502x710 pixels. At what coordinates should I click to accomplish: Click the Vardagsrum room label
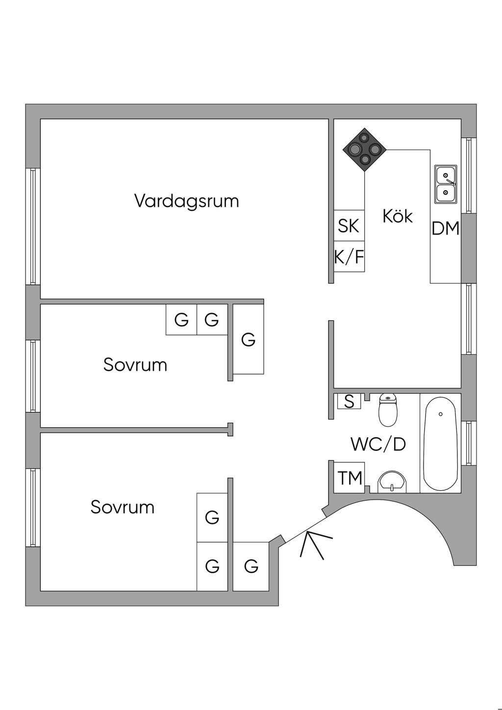pyautogui.click(x=186, y=201)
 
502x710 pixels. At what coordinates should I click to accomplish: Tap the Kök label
pyautogui.click(x=398, y=216)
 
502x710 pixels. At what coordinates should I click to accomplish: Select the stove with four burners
pyautogui.click(x=365, y=149)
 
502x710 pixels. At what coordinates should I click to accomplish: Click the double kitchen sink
pyautogui.click(x=446, y=184)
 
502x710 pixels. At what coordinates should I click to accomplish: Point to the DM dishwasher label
pyautogui.click(x=446, y=228)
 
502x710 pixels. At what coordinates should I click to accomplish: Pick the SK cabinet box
pyautogui.click(x=349, y=226)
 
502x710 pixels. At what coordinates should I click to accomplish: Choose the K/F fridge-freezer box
pyautogui.click(x=349, y=256)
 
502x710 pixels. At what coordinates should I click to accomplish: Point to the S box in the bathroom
pyautogui.click(x=349, y=402)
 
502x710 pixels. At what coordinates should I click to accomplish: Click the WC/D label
pyautogui.click(x=378, y=444)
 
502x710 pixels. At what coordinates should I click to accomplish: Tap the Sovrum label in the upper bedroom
pyautogui.click(x=135, y=365)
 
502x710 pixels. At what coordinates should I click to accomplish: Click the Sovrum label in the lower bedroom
pyautogui.click(x=123, y=507)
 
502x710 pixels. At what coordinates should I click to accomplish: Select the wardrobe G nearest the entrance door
pyautogui.click(x=251, y=566)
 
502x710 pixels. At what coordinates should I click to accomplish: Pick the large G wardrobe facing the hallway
pyautogui.click(x=249, y=339)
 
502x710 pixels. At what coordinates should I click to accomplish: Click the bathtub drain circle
pyautogui.click(x=441, y=414)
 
